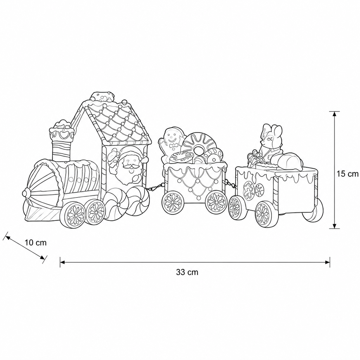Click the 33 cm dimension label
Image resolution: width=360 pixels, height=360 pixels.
[x=187, y=272]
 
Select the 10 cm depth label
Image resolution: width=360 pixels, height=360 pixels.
[x=36, y=243]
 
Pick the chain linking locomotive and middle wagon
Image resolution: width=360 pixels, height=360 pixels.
[x=155, y=187]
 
